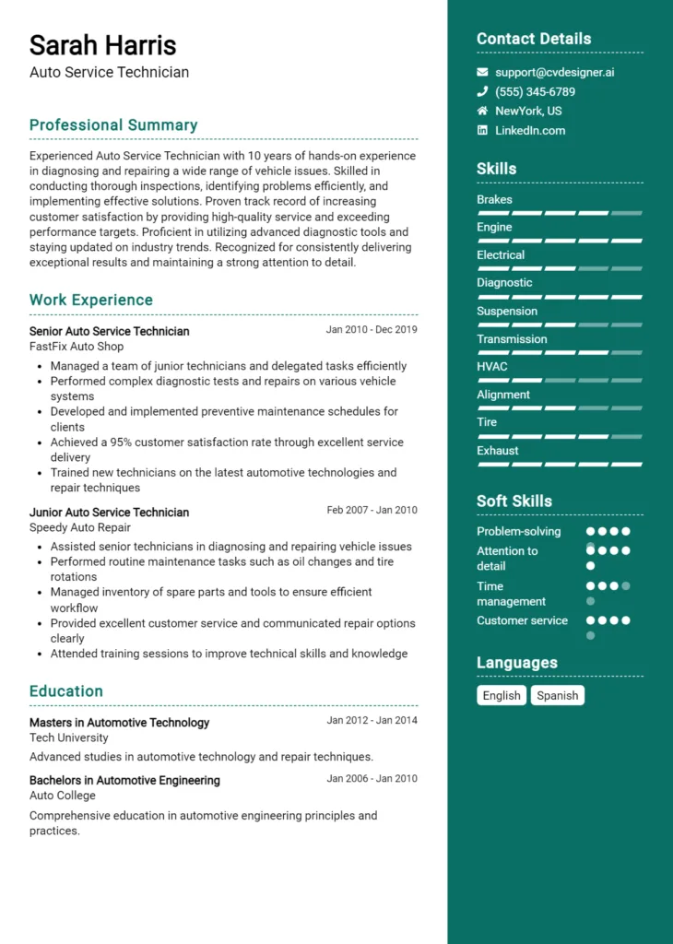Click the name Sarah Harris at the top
click(x=102, y=44)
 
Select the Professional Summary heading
click(x=113, y=125)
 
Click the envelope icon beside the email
click(x=482, y=72)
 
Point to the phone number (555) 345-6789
click(x=535, y=92)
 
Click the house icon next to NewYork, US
click(x=482, y=111)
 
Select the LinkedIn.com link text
click(x=530, y=131)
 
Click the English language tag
click(x=502, y=696)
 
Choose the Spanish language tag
click(x=557, y=696)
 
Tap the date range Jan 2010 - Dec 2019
click(x=372, y=330)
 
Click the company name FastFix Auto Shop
click(x=77, y=347)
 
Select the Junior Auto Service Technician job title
click(x=109, y=512)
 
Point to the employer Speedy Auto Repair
click(x=80, y=527)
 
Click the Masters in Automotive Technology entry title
click(x=119, y=723)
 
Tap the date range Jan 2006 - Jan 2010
click(x=372, y=779)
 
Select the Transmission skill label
click(x=512, y=339)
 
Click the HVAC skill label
click(x=491, y=367)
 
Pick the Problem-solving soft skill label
click(x=518, y=532)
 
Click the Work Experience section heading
click(x=91, y=301)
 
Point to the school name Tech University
click(x=68, y=737)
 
